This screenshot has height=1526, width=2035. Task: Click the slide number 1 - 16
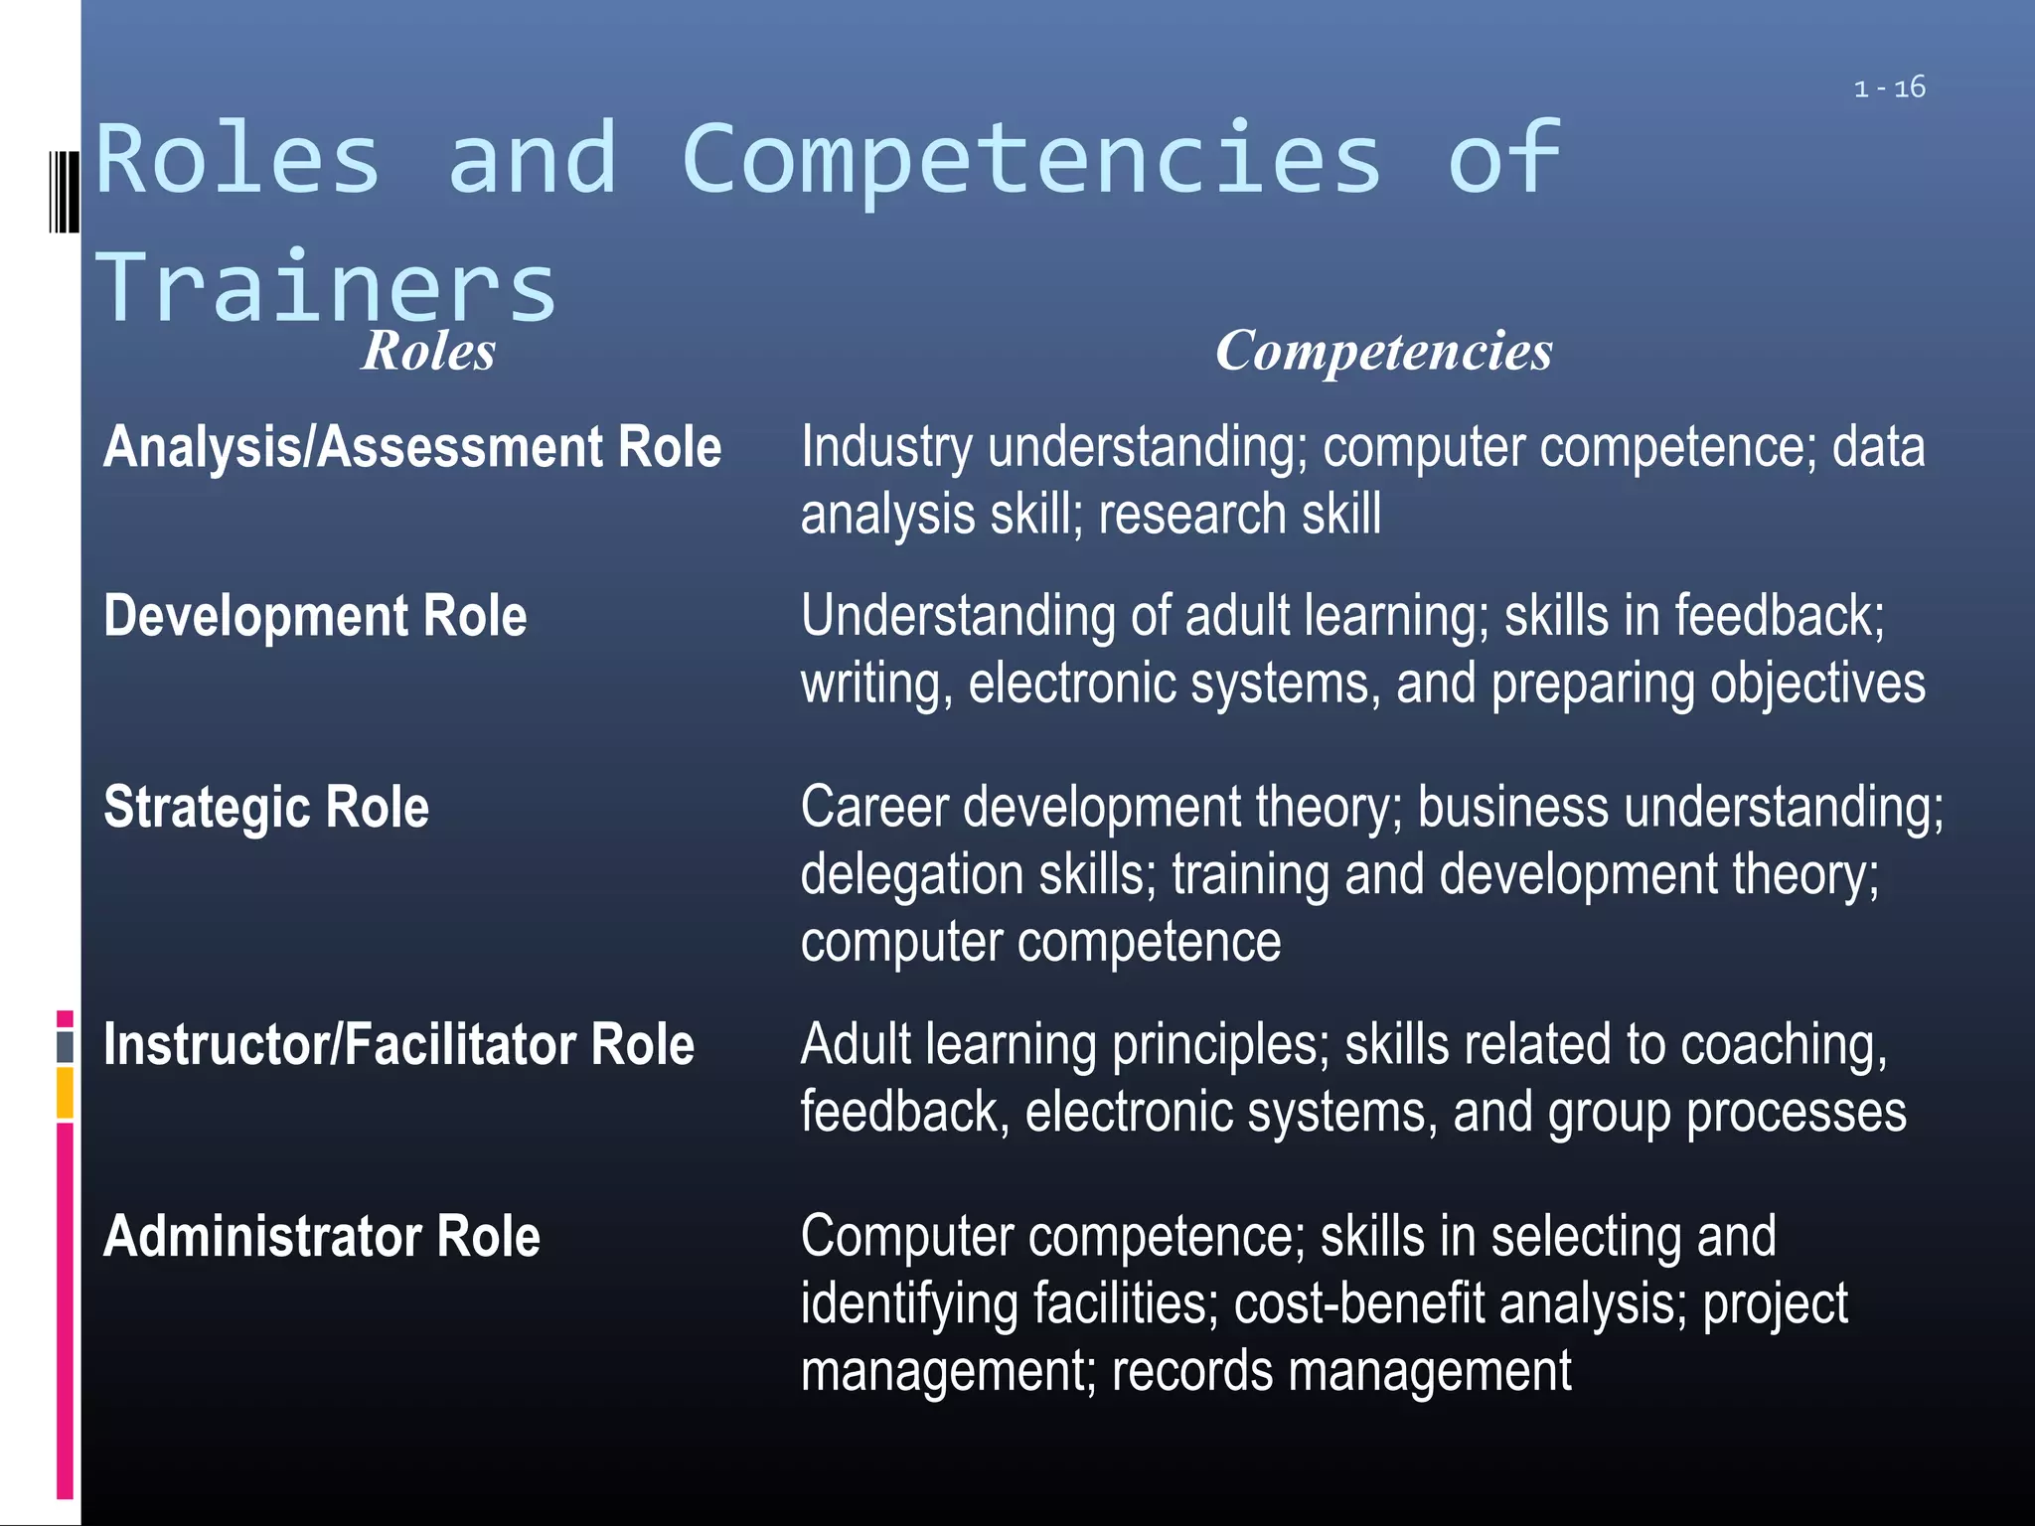pyautogui.click(x=1889, y=88)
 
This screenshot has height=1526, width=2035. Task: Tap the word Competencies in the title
pyautogui.click(x=1031, y=159)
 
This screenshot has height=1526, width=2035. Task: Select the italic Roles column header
pyautogui.click(x=428, y=351)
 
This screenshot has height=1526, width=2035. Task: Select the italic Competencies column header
pyautogui.click(x=1383, y=351)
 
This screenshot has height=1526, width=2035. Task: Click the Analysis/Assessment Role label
pyautogui.click(x=412, y=447)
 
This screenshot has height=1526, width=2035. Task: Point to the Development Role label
pyautogui.click(x=315, y=616)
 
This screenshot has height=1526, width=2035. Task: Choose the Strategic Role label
pyautogui.click(x=266, y=807)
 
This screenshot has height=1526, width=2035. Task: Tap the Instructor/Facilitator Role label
pyautogui.click(x=398, y=1045)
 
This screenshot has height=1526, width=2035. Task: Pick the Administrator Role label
pyautogui.click(x=322, y=1237)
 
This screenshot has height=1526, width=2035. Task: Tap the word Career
pyautogui.click(x=874, y=807)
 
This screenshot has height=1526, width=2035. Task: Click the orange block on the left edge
pyautogui.click(x=65, y=1092)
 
